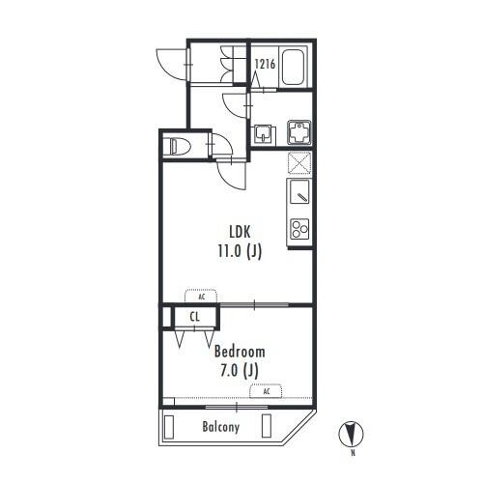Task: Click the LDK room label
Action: tap(240, 232)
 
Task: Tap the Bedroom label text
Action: tap(240, 352)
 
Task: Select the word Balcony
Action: tap(221, 427)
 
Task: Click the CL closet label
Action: tap(194, 317)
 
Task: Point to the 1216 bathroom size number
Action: tap(265, 64)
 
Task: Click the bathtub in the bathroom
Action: tap(294, 67)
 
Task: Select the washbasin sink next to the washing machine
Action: tap(266, 134)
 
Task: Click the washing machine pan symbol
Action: tap(299, 132)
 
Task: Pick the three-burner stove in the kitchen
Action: tap(299, 229)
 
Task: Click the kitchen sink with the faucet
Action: tap(299, 191)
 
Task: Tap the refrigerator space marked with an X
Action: tap(299, 162)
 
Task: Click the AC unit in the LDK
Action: tap(201, 296)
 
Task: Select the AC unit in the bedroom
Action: tap(266, 391)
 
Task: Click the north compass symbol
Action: tap(351, 434)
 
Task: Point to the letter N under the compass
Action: tap(354, 453)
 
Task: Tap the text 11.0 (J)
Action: tap(240, 251)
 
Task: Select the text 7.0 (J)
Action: tap(240, 370)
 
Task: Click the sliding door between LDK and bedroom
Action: tap(254, 304)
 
